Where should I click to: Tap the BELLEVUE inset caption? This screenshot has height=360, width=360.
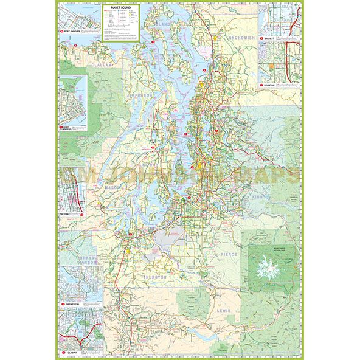point(270,86)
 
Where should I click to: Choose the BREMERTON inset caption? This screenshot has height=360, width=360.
point(73,302)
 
